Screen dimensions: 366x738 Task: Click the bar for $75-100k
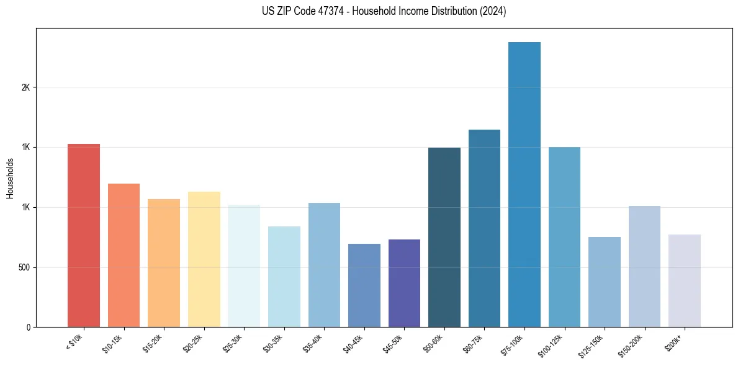524,184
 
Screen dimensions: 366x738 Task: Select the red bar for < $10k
84,235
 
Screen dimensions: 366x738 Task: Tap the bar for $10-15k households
124,255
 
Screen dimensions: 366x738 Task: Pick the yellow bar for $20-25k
204,259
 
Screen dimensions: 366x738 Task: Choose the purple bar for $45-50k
404,283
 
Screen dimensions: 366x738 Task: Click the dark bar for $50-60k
444,237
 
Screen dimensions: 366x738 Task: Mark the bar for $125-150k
605,282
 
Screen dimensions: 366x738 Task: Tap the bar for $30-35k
284,277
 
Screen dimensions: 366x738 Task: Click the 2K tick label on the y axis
26,87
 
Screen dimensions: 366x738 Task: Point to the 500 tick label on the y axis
24,267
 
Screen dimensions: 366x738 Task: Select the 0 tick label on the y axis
29,327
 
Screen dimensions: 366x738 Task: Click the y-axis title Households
11,178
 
